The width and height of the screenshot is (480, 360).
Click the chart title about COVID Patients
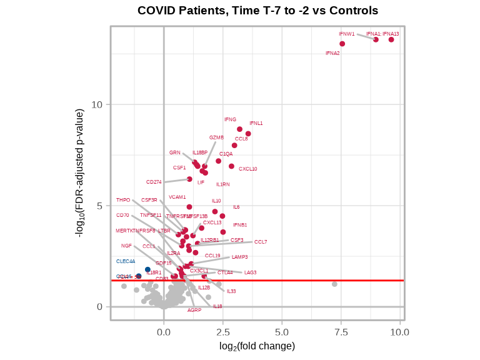click(257, 11)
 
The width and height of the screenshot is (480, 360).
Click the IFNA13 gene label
click(391, 34)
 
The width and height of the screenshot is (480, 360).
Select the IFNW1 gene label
click(347, 34)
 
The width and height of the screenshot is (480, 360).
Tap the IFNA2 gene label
click(332, 53)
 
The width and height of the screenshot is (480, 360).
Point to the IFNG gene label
click(231, 119)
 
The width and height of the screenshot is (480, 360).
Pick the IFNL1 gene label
click(256, 123)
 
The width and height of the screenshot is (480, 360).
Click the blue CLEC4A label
click(126, 261)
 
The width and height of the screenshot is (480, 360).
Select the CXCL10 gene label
click(248, 169)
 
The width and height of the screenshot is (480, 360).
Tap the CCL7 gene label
click(261, 242)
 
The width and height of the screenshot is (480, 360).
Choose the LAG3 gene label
click(251, 272)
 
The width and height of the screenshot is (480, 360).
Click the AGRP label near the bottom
click(194, 310)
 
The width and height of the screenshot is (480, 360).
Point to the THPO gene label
click(123, 200)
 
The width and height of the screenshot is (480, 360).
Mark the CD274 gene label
click(154, 182)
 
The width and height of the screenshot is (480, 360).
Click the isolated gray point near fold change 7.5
click(334, 284)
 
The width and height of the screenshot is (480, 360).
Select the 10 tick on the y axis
click(97, 104)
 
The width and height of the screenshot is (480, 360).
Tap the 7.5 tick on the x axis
click(341, 332)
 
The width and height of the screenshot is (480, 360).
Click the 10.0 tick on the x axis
click(400, 332)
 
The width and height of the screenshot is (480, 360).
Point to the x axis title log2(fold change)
click(257, 346)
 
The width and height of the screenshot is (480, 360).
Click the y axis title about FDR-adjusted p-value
click(79, 173)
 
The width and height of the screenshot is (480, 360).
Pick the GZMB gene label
click(216, 137)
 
